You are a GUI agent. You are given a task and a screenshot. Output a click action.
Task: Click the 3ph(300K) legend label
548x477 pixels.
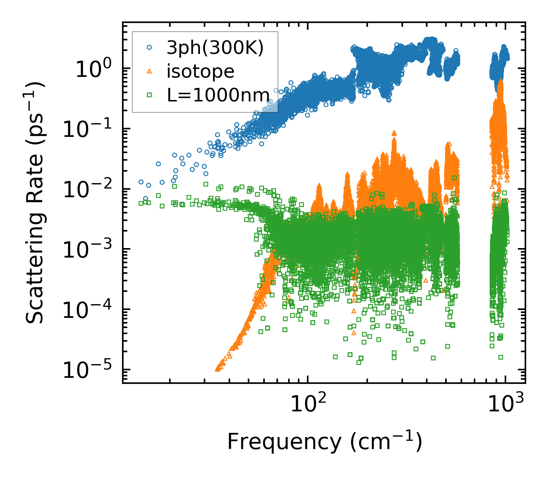click(x=215, y=48)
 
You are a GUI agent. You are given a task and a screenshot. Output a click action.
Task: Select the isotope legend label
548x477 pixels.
click(x=200, y=71)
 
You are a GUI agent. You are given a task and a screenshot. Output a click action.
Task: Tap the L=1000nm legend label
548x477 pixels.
click(x=218, y=95)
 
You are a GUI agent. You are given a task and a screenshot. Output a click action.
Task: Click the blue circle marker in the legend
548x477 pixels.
click(x=150, y=48)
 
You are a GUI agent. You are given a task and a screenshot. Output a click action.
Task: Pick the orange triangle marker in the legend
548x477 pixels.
click(x=150, y=71)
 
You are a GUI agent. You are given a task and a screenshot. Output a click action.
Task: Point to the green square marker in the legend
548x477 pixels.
click(x=150, y=95)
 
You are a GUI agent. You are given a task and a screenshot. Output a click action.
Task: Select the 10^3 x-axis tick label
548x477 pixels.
click(x=509, y=403)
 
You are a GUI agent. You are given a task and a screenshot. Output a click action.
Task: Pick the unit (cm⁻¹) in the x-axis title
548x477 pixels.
click(x=386, y=442)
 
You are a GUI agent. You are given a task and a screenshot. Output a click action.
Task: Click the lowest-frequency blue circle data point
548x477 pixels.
click(x=141, y=182)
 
